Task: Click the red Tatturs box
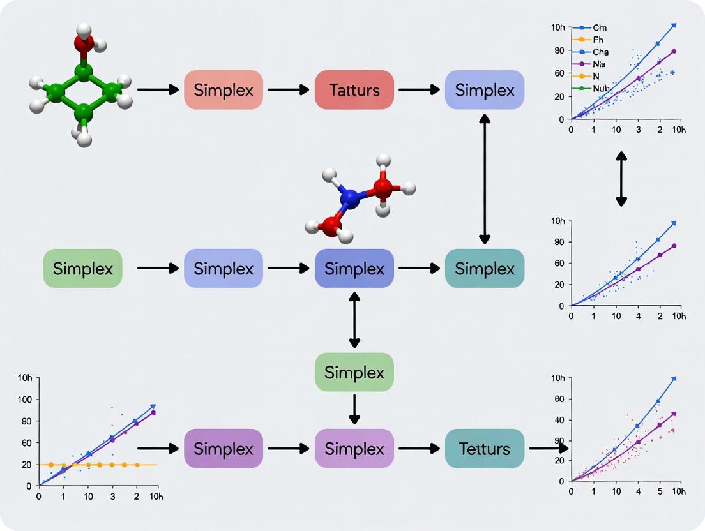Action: click(354, 90)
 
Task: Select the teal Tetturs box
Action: click(484, 449)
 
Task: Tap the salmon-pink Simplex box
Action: click(224, 90)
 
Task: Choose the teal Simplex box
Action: click(484, 269)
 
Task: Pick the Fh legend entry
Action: click(597, 40)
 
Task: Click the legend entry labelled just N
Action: click(595, 76)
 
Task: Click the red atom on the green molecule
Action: click(84, 43)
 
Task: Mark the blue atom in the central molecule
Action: click(349, 199)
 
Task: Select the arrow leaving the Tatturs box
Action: click(419, 90)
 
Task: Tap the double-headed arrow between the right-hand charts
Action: click(621, 179)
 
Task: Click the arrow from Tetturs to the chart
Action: click(548, 449)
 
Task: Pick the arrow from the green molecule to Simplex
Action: click(157, 90)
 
